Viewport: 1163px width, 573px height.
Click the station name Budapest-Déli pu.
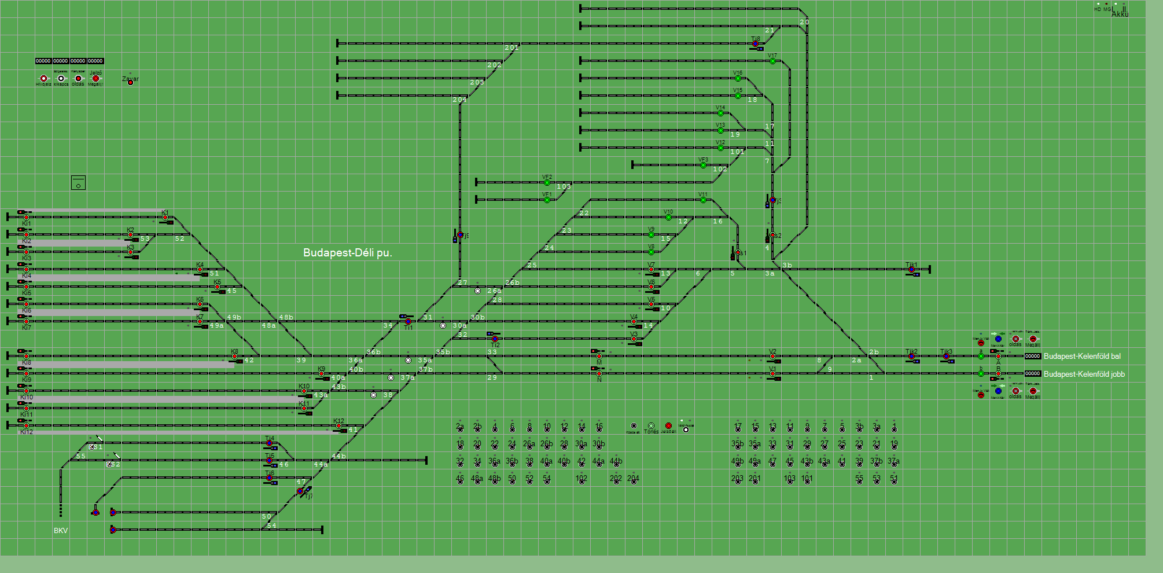pyautogui.click(x=347, y=253)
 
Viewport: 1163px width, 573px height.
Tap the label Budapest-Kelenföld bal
pyautogui.click(x=1081, y=357)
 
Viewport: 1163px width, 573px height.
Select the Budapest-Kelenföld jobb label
pyautogui.click(x=1084, y=374)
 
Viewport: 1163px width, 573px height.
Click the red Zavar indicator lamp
pyautogui.click(x=130, y=83)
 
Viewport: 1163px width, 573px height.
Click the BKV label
pyautogui.click(x=61, y=531)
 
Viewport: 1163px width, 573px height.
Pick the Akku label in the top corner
pyautogui.click(x=1120, y=14)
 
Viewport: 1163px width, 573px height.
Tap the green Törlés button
pyautogui.click(x=651, y=426)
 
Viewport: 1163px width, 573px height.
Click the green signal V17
pyautogui.click(x=772, y=61)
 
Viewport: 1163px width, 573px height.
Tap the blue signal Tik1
pyautogui.click(x=911, y=270)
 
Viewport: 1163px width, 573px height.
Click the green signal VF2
pyautogui.click(x=547, y=182)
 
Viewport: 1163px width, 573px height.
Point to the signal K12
pyautogui.click(x=338, y=426)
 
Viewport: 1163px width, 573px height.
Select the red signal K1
pyautogui.click(x=165, y=218)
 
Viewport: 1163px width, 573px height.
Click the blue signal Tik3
pyautogui.click(x=946, y=357)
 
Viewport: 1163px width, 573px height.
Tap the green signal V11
pyautogui.click(x=703, y=200)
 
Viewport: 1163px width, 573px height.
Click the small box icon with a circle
pyautogui.click(x=78, y=182)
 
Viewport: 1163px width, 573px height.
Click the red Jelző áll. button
pyautogui.click(x=668, y=426)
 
